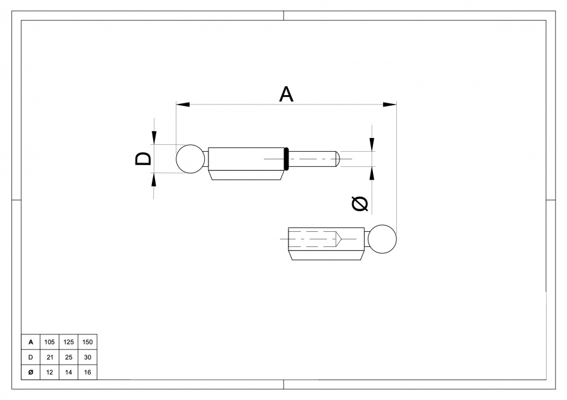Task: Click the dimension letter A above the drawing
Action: click(x=286, y=94)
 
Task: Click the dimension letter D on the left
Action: click(x=144, y=158)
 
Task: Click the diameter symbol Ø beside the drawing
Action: click(x=359, y=203)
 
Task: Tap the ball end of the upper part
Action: click(x=191, y=159)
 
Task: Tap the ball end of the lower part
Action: click(x=382, y=239)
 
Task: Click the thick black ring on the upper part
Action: click(x=287, y=159)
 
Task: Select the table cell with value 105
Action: click(x=49, y=342)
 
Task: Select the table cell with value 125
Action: click(x=68, y=342)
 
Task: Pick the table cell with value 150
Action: click(x=87, y=342)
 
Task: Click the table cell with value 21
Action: click(x=49, y=357)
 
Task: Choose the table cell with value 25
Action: click(x=68, y=357)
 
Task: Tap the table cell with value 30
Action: click(x=87, y=357)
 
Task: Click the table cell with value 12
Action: click(x=49, y=372)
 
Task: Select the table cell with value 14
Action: click(x=68, y=372)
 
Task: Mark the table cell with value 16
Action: click(x=87, y=372)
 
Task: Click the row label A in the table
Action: click(x=30, y=342)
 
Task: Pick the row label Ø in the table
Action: click(x=30, y=372)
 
